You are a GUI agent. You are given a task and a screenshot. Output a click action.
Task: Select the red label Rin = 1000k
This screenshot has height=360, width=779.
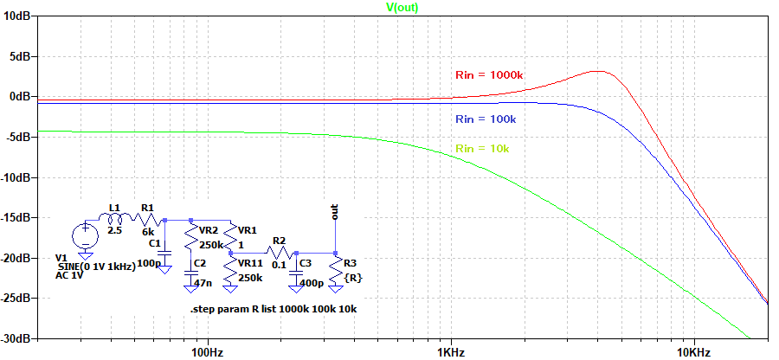(489, 74)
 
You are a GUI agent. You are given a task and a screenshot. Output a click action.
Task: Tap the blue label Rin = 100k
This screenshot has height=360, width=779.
(486, 119)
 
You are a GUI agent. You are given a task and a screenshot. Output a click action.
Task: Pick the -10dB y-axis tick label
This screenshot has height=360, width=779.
(16, 177)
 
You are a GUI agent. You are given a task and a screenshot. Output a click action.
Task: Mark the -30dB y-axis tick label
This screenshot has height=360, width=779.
(16, 338)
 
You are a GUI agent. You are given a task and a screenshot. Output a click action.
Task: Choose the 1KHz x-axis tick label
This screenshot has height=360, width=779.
(449, 353)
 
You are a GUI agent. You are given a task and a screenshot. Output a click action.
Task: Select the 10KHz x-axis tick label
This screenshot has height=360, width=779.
(693, 353)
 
